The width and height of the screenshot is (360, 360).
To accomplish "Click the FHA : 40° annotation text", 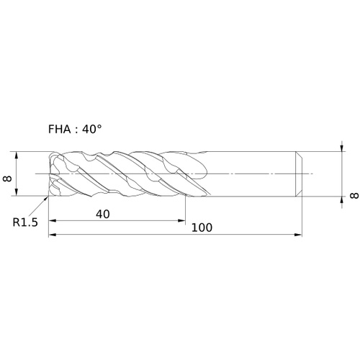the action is [75, 130].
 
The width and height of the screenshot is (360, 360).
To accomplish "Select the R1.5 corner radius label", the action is [25, 222].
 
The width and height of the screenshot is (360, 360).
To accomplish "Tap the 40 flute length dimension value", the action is [103, 214].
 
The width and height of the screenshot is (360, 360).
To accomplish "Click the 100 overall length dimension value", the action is [202, 228].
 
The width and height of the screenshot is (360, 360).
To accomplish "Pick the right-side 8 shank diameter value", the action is [354, 196].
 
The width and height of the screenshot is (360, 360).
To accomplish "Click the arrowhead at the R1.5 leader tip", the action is [46, 198].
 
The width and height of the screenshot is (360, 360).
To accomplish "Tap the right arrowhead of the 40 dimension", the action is [181, 220].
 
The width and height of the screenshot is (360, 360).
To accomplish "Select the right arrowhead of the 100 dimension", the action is [298, 235].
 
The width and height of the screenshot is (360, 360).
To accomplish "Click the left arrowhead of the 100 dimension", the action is [53, 235].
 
